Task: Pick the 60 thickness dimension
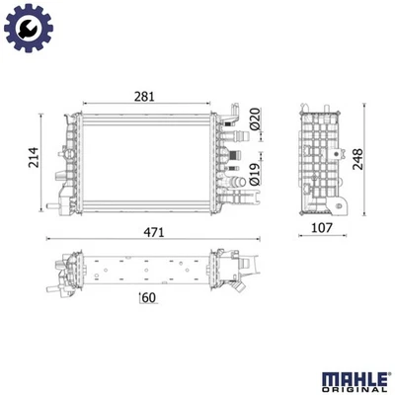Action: [149, 298]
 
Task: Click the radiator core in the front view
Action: [148, 158]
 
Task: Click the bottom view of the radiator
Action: [148, 269]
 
